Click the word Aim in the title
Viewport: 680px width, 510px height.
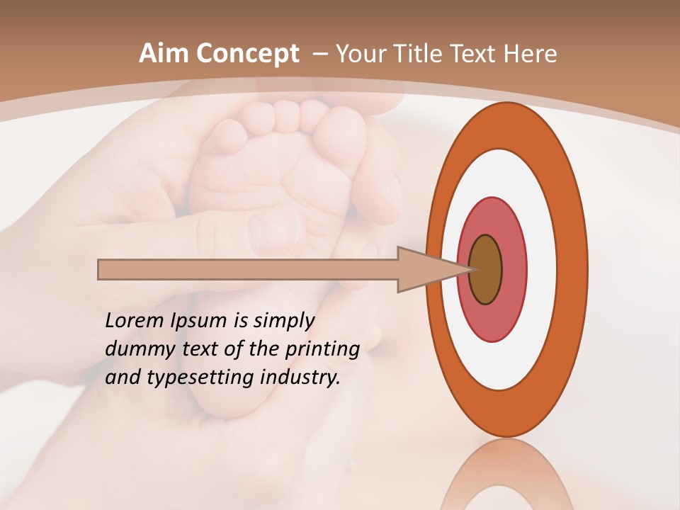(164, 54)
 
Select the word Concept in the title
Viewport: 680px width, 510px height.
(246, 55)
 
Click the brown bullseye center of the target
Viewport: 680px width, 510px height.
(485, 270)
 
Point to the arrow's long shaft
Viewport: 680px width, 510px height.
(248, 270)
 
